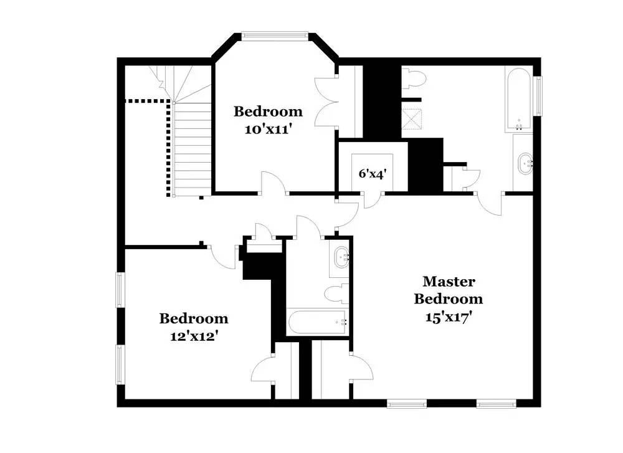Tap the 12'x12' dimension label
click(x=194, y=336)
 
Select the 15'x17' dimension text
click(x=449, y=317)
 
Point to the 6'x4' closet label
click(x=373, y=174)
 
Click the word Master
click(x=449, y=282)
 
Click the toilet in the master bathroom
click(x=414, y=79)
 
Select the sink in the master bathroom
click(x=525, y=163)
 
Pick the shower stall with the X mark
click(x=411, y=119)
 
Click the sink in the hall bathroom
click(x=341, y=257)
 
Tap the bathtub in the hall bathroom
click(x=318, y=322)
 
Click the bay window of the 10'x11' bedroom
click(x=275, y=36)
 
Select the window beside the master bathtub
click(x=538, y=96)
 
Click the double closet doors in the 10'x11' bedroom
click(x=326, y=102)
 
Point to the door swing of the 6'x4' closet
click(x=373, y=200)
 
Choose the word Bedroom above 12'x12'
click(x=194, y=318)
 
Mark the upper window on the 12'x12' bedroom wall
click(x=120, y=290)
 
